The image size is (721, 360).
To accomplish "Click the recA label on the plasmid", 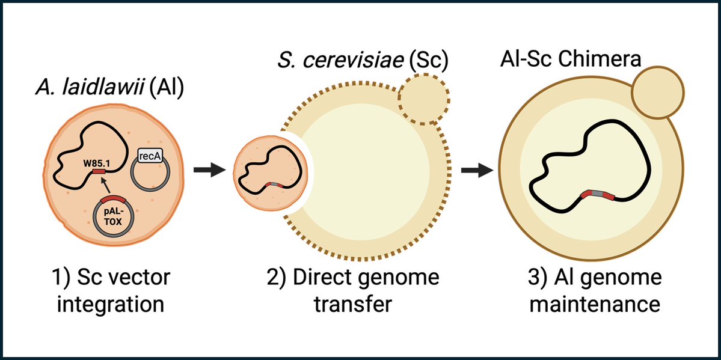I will click(148, 158).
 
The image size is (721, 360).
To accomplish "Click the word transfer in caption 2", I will click(353, 304).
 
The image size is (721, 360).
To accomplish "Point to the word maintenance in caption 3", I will click(592, 304).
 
